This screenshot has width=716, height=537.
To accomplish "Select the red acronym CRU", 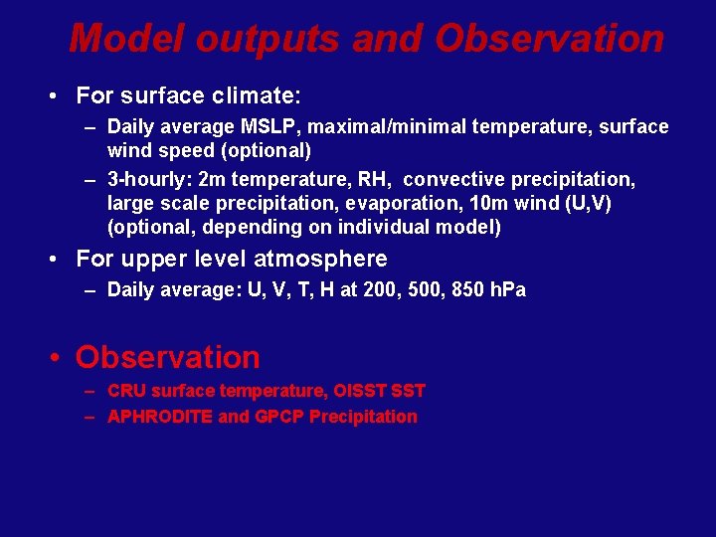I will (x=125, y=391).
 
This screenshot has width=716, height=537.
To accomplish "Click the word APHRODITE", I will (x=159, y=417).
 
